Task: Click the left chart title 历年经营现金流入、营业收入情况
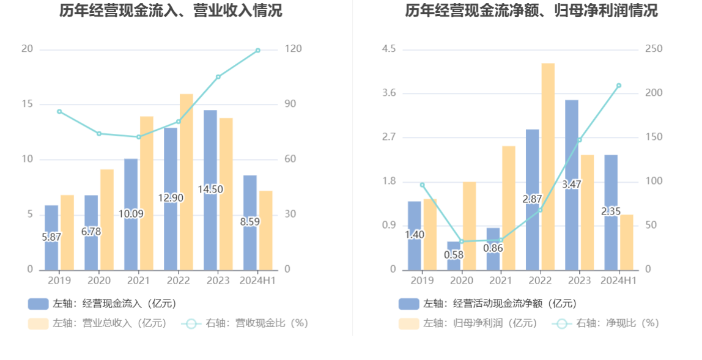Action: pyautogui.click(x=171, y=10)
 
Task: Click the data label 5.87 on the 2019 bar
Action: pyautogui.click(x=51, y=237)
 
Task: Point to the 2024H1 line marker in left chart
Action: pyautogui.click(x=257, y=50)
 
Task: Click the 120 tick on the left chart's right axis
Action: pyautogui.click(x=294, y=49)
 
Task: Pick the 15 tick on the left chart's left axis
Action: pyautogui.click(x=27, y=104)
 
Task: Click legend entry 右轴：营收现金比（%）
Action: pyautogui.click(x=245, y=323)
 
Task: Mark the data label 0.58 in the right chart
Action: pyautogui.click(x=454, y=254)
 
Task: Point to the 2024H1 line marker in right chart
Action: pyautogui.click(x=619, y=86)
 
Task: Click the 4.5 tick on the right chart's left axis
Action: pyautogui.click(x=389, y=49)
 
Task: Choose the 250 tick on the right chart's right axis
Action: pyautogui.click(x=654, y=49)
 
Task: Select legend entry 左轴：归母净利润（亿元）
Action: pyautogui.click(x=468, y=323)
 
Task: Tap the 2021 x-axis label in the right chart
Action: pyautogui.click(x=501, y=281)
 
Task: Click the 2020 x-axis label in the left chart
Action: pyautogui.click(x=99, y=281)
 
